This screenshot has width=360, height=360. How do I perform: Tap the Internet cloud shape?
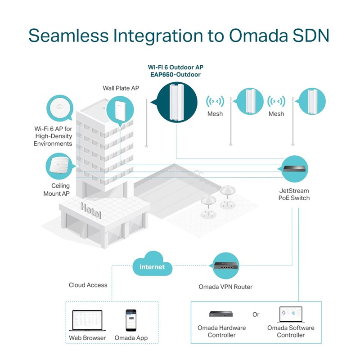pos(152,267)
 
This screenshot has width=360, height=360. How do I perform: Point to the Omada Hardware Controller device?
pos(221,314)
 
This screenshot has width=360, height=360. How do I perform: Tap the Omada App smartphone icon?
pos(130,319)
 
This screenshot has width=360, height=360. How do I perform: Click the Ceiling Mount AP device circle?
pos(60,166)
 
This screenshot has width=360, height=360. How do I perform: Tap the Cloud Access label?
pos(88,285)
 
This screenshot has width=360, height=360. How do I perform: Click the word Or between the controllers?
pos(256,315)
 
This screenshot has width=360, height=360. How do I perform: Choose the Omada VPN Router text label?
pos(225,287)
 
